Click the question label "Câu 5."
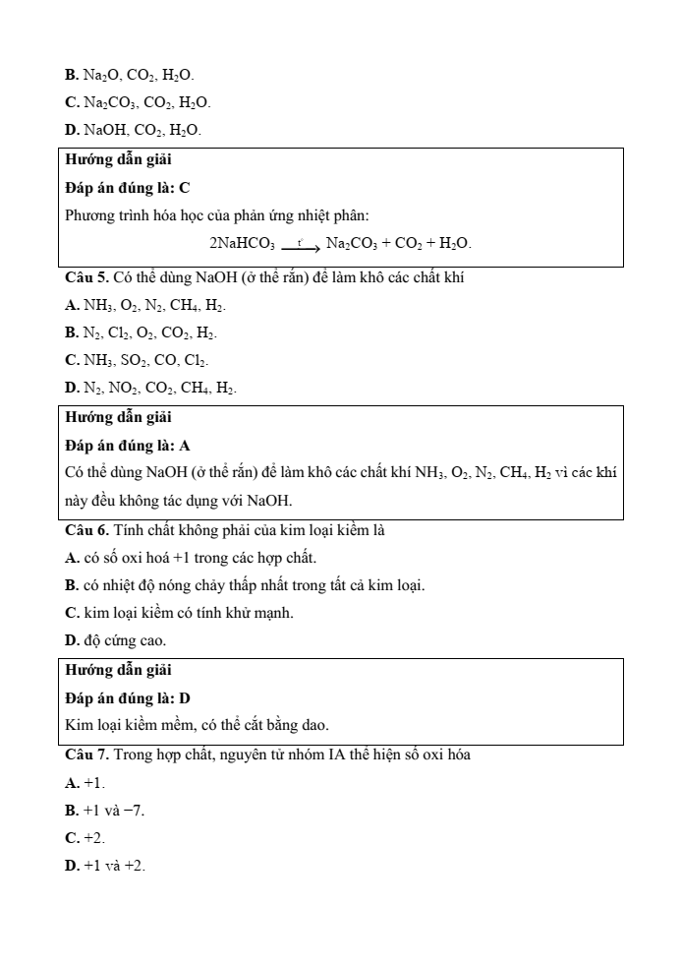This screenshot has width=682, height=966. (86, 277)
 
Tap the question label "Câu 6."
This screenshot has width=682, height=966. (86, 530)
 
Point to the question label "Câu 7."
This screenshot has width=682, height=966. (86, 755)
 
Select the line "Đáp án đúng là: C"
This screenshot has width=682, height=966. (128, 187)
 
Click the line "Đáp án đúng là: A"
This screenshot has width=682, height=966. (128, 446)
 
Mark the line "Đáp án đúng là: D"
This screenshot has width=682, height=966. (128, 698)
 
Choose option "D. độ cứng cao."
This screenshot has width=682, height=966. (115, 641)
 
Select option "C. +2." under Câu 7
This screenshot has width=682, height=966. (85, 838)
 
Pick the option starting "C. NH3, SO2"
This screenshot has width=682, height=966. (137, 362)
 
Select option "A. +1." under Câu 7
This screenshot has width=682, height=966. (85, 783)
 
